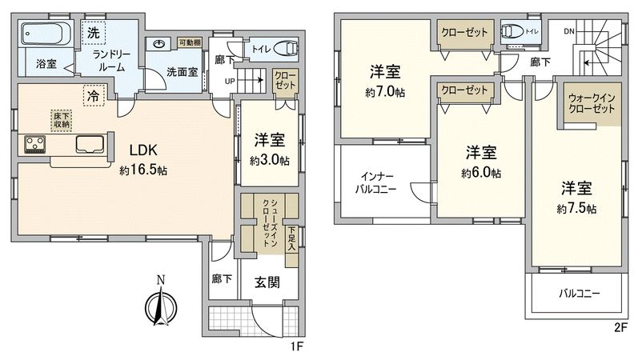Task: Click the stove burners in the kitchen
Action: [35, 145]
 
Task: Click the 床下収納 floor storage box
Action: [62, 119]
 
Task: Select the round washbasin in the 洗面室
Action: [158, 45]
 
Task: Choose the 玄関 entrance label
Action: [267, 282]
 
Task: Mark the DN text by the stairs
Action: [569, 31]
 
